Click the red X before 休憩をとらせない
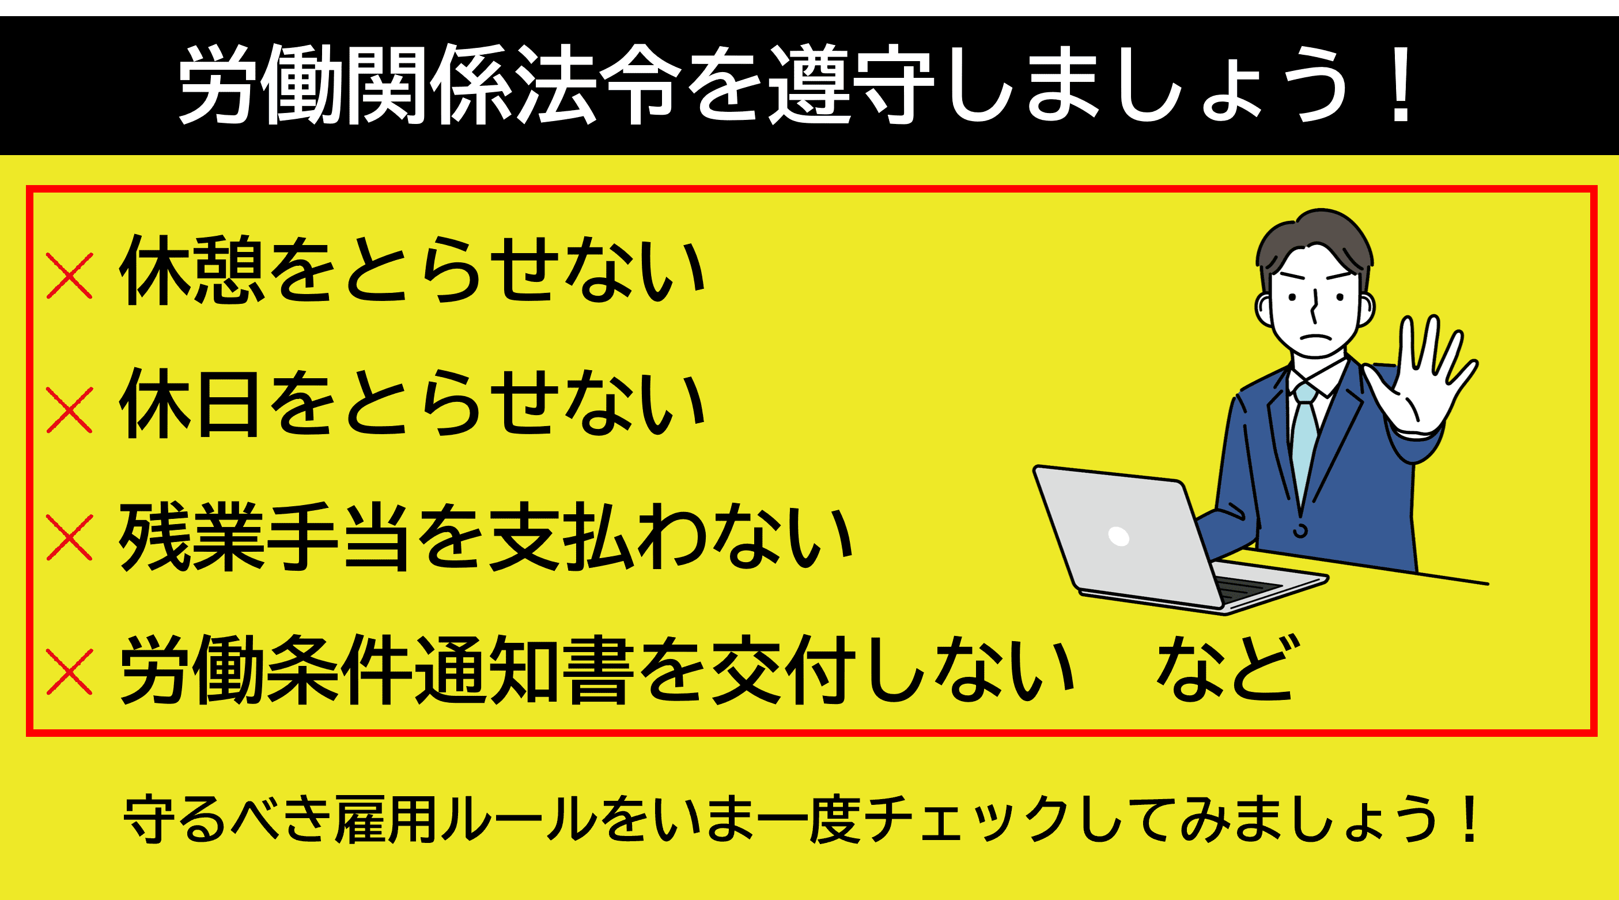click(x=70, y=276)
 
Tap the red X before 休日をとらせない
click(x=70, y=410)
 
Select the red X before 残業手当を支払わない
click(x=70, y=538)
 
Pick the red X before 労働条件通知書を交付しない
click(x=70, y=672)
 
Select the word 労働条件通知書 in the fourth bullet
click(x=377, y=670)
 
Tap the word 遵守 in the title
click(x=852, y=85)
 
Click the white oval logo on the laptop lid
click(x=1119, y=536)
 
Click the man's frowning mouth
click(x=1314, y=337)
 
